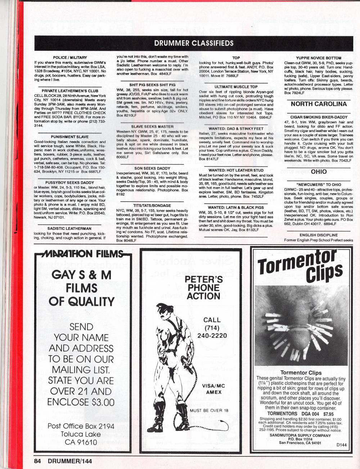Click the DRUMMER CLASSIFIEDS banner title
194,44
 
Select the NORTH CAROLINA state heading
319,104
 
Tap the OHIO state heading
319,172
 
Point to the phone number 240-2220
212,336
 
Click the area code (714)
212,328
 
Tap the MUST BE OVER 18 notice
209,410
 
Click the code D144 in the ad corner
342,445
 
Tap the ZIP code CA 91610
81,442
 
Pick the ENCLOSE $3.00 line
81,402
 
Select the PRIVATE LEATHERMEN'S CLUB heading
70,91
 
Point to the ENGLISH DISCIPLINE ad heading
319,235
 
